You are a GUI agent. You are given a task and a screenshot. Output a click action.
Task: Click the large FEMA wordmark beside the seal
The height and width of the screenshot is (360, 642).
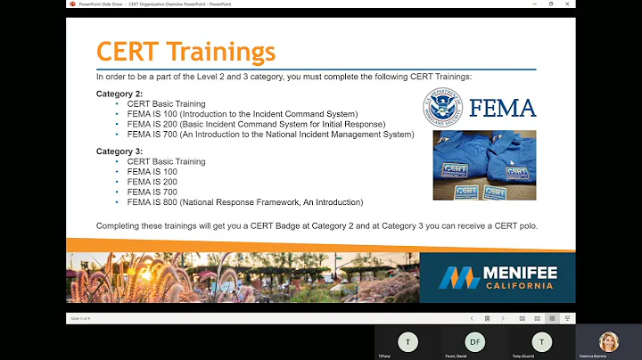pyautogui.click(x=503, y=108)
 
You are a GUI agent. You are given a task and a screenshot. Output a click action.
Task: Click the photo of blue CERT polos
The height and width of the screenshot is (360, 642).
pyautogui.click(x=484, y=167)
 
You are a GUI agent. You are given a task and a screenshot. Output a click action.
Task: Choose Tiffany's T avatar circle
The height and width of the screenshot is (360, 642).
pyautogui.click(x=407, y=342)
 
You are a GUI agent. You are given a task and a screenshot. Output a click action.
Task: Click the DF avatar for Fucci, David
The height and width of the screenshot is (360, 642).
pyautogui.click(x=474, y=342)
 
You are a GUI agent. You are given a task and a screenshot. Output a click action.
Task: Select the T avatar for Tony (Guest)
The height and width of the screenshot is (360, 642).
pyautogui.click(x=540, y=342)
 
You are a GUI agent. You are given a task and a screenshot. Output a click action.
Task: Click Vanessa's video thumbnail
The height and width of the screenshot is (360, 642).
pyautogui.click(x=609, y=342)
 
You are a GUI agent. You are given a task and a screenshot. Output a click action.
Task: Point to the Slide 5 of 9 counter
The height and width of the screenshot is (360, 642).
pyautogui.click(x=79, y=318)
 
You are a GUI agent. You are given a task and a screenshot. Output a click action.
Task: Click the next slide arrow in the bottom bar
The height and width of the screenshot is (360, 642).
pyautogui.click(x=500, y=318)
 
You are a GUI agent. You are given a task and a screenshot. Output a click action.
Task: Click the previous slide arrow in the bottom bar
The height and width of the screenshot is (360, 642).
pyautogui.click(x=472, y=318)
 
